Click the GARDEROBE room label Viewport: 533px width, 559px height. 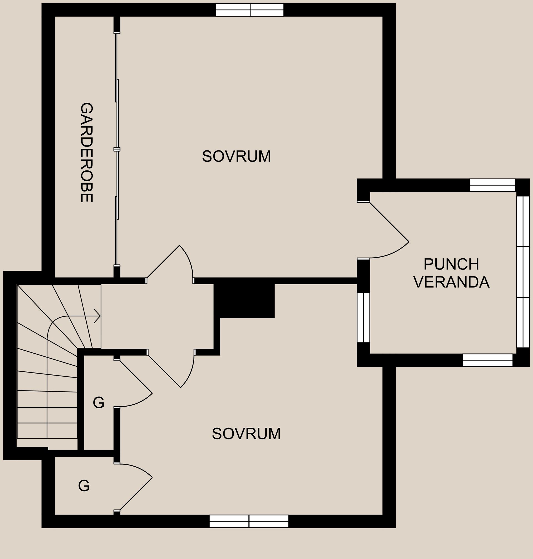click(87, 153)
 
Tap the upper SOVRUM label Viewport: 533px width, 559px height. click(237, 157)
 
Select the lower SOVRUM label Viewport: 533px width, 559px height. click(246, 434)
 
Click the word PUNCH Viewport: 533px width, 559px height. click(451, 265)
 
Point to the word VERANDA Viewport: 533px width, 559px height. click(451, 282)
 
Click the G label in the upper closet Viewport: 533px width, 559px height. click(99, 402)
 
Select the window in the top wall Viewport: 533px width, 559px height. click(250, 10)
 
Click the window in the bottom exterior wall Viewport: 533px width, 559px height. click(249, 521)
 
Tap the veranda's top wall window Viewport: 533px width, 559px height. click(492, 185)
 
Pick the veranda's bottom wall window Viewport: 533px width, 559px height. click(487, 360)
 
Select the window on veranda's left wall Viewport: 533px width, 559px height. click(363, 318)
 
